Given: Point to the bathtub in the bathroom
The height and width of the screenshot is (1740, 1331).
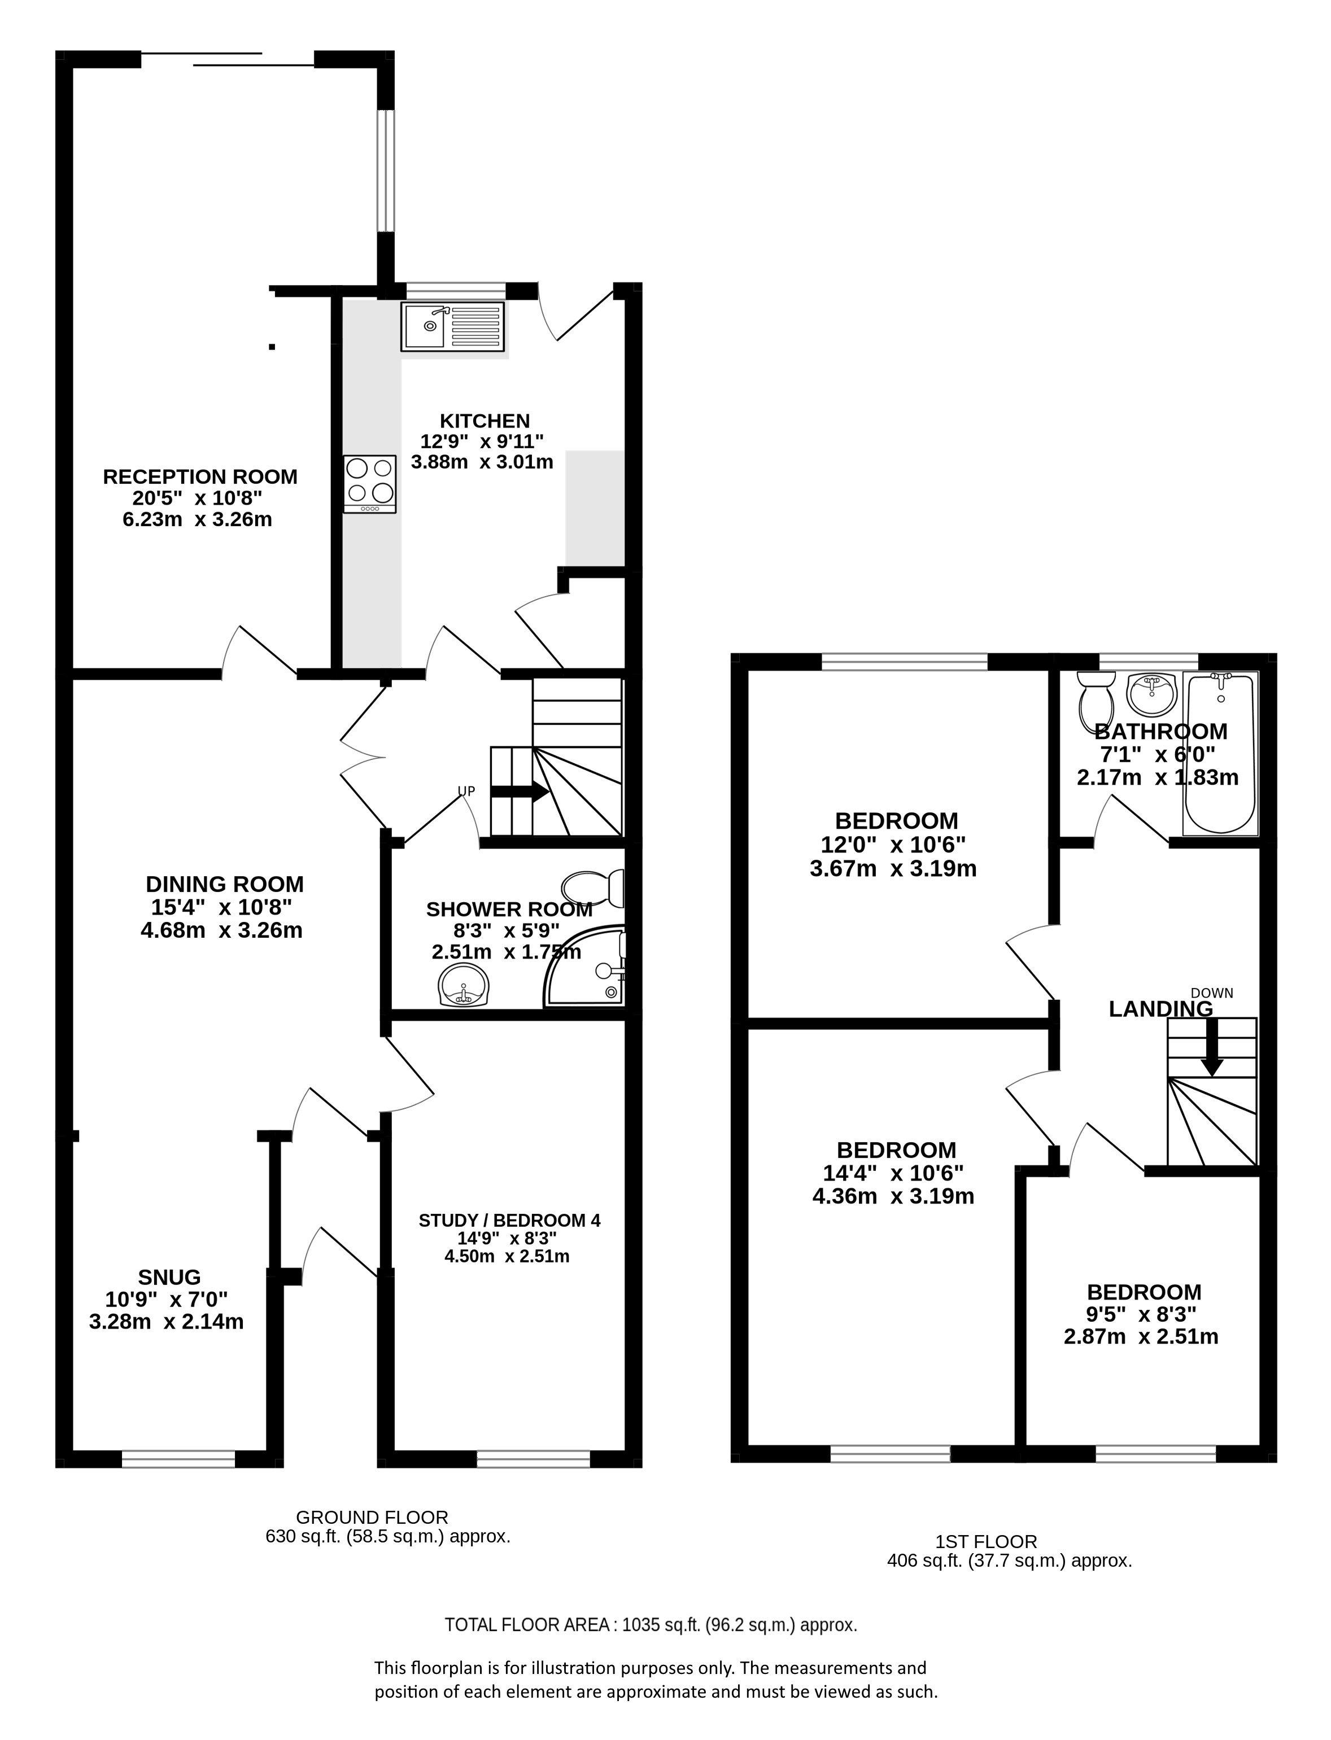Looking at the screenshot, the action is tap(1220, 753).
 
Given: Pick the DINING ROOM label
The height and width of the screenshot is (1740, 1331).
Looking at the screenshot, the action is tap(224, 884).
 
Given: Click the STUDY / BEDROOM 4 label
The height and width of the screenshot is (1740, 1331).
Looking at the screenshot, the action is tap(509, 1221).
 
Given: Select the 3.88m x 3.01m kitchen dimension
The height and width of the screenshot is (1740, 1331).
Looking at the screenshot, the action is tap(482, 462).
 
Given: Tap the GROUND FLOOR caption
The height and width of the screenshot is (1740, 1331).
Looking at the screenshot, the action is tap(372, 1518).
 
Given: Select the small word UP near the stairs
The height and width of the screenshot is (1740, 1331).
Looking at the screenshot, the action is tap(466, 790).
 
